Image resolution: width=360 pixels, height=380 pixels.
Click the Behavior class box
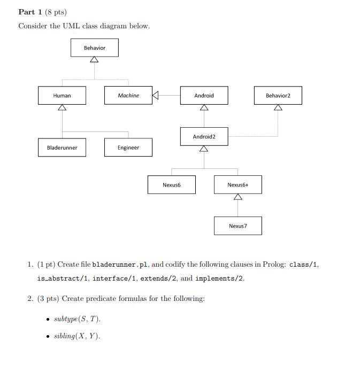94,48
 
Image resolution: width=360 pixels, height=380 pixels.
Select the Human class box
62,96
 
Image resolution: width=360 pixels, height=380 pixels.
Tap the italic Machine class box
128,96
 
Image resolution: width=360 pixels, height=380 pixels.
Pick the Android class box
204,96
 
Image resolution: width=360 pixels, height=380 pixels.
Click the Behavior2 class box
278,96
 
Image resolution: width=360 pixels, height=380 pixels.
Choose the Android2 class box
204,137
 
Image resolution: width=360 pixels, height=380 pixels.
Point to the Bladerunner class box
62,148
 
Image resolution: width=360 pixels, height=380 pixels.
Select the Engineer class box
128,148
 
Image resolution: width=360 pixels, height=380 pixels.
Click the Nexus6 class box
172,185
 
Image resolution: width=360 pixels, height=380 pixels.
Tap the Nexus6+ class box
238,185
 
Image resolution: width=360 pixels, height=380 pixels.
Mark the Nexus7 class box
238,226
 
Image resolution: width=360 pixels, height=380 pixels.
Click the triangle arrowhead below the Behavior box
94,60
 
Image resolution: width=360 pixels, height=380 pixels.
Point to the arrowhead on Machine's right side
156,96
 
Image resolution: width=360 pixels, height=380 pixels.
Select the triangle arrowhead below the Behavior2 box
278,108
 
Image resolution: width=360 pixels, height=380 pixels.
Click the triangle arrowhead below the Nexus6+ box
238,197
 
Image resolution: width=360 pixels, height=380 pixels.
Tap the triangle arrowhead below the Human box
62,108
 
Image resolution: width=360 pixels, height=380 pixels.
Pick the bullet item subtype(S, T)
77,319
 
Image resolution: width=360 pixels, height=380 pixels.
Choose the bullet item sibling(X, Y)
77,336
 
